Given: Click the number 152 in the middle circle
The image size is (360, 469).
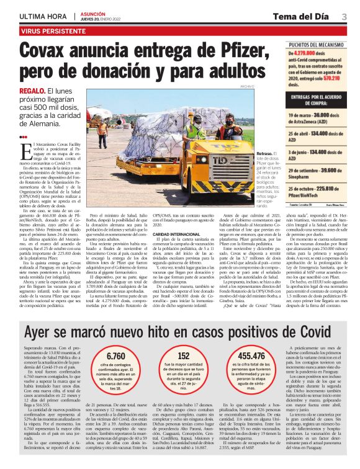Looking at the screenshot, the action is (184, 356).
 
